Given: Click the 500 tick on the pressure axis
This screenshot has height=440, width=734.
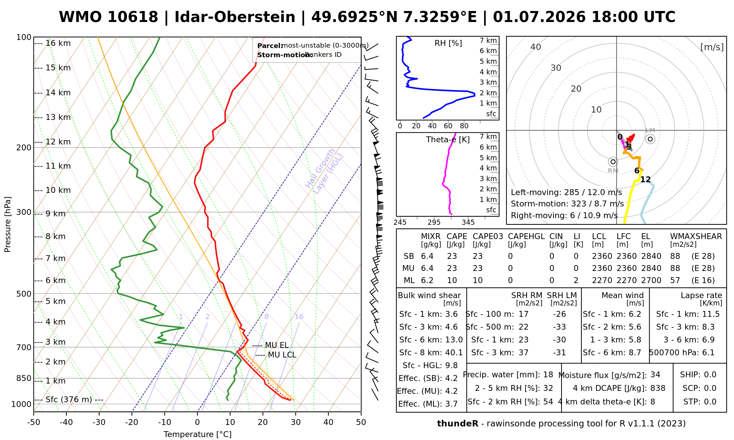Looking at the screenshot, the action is click(24, 294).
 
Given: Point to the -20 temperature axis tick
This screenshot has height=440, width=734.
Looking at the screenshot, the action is click(132, 422).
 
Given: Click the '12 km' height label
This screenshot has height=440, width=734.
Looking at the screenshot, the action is click(58, 142).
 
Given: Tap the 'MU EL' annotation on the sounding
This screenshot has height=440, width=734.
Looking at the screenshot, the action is click(277, 345).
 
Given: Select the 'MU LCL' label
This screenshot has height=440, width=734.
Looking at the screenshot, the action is click(282, 355).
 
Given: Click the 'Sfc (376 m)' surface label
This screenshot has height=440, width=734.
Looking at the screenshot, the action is click(69, 399).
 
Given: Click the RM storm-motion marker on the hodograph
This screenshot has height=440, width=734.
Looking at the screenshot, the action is click(613, 162).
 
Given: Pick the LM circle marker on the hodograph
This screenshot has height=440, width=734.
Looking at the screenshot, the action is click(650, 139).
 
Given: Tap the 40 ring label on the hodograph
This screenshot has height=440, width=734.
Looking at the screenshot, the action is click(536, 47).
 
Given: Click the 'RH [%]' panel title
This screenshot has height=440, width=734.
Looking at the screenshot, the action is click(448, 43).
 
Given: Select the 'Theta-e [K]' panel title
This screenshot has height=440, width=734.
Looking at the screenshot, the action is click(448, 140).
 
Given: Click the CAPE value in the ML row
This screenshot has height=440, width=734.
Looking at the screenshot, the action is click(452, 280).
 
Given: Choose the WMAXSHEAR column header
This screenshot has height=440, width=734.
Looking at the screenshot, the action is click(696, 236).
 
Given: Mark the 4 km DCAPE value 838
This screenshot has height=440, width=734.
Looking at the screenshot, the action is click(658, 388).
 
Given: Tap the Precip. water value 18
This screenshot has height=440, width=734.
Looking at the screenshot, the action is click(548, 375).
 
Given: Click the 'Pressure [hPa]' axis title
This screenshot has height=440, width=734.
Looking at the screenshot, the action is click(8, 224).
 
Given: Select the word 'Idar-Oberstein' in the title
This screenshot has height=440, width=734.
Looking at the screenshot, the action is click(235, 17).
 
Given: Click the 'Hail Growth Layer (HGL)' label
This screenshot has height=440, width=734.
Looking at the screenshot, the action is click(324, 171).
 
